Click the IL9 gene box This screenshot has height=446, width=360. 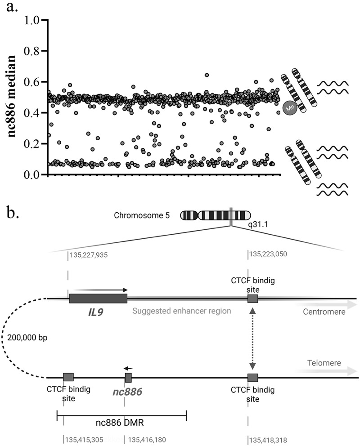(x=98, y=299)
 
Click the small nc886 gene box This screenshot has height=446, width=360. (x=128, y=378)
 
